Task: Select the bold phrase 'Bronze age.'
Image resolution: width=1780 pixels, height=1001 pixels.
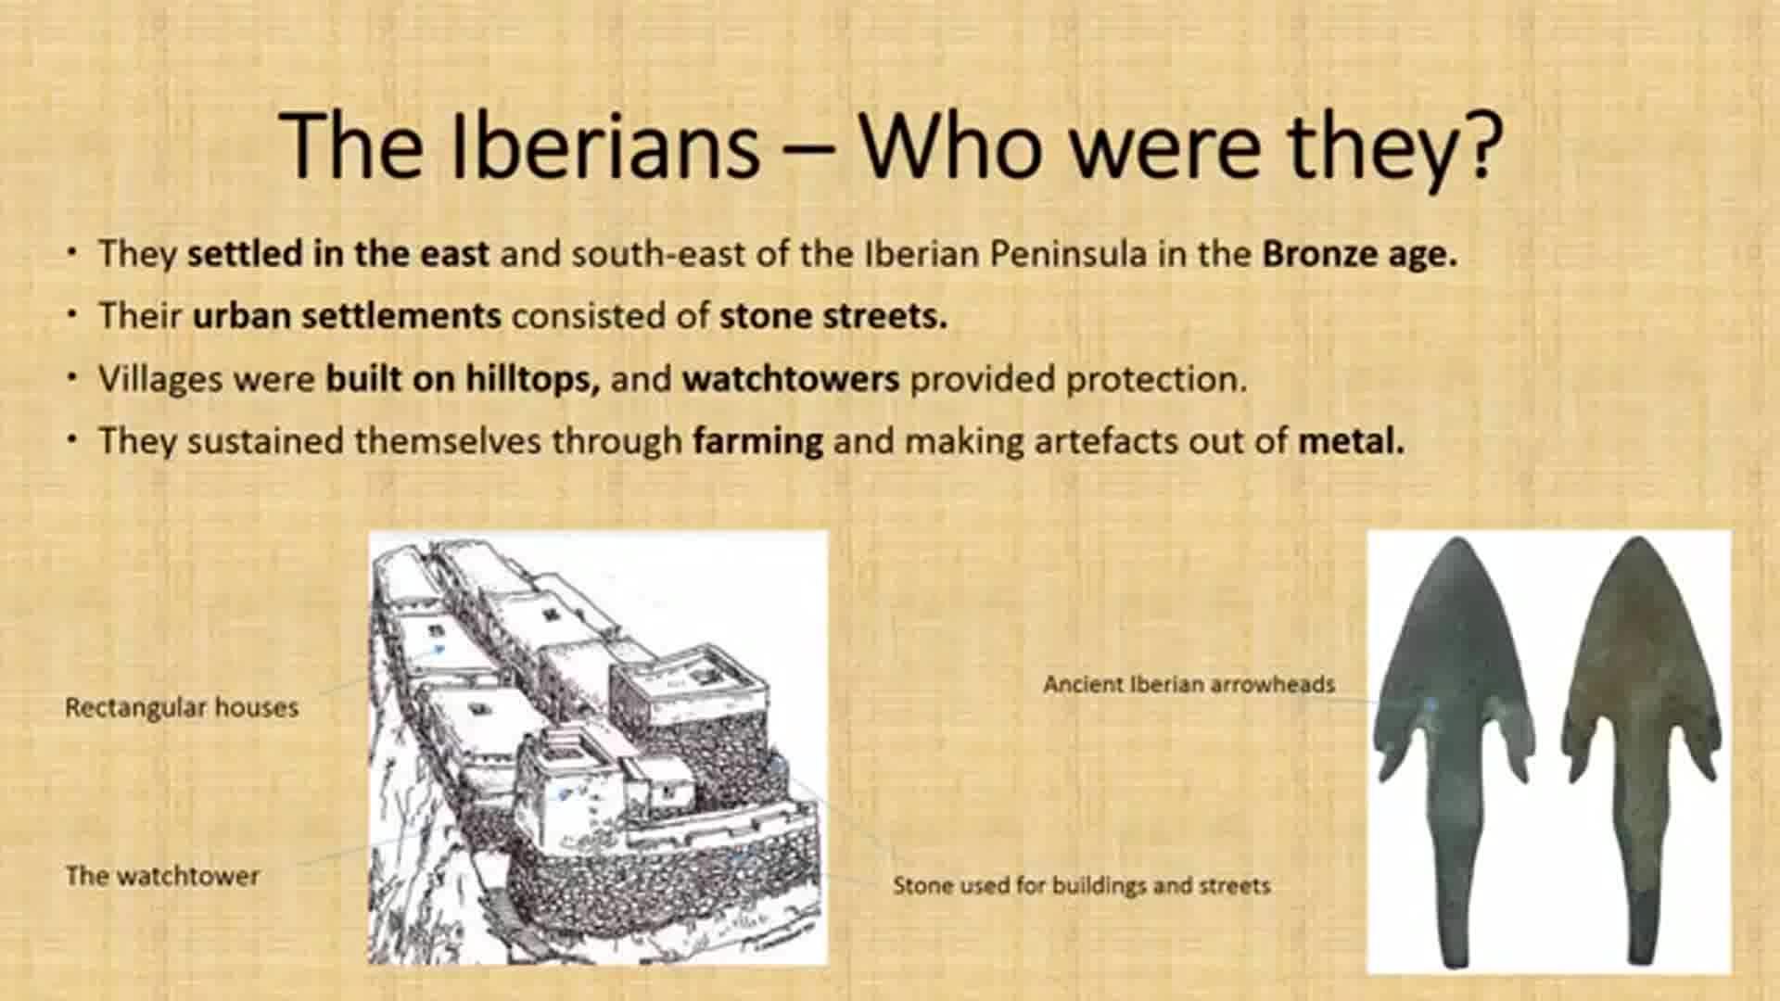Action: [x=1360, y=254]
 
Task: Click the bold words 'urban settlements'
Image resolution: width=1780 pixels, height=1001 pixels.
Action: [x=347, y=316]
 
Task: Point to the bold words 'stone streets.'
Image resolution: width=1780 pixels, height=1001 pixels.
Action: [x=833, y=316]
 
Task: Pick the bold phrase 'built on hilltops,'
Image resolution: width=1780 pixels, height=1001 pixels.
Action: [x=464, y=378]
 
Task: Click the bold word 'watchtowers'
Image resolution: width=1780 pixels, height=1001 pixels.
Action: [x=791, y=378]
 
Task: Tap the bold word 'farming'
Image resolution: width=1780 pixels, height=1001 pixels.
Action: [x=757, y=441]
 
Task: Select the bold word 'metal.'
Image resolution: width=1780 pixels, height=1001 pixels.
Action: [x=1351, y=441]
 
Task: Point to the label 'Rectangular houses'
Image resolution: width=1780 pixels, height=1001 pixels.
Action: [x=182, y=708]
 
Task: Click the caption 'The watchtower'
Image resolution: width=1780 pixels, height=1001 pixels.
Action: [x=162, y=876]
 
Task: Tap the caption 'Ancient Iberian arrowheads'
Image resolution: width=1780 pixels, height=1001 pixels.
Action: [x=1189, y=685]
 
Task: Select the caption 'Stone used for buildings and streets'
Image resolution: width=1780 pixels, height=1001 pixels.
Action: [x=1081, y=885]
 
